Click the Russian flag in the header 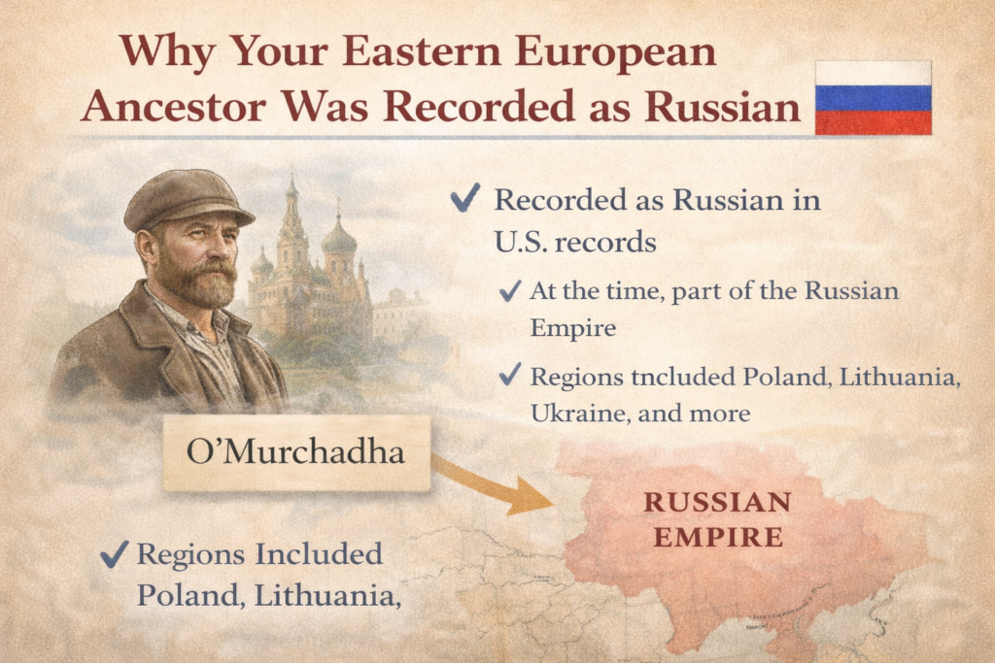(873, 98)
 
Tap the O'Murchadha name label (296, 452)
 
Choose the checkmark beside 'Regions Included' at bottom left (115, 555)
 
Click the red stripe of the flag (873, 122)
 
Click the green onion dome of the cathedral (338, 238)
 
